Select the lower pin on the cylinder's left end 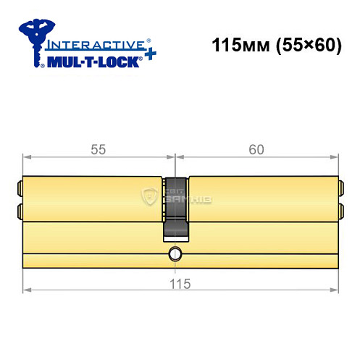point(19,211)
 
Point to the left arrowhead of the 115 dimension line point(26,291)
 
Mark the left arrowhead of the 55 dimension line point(26,157)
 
